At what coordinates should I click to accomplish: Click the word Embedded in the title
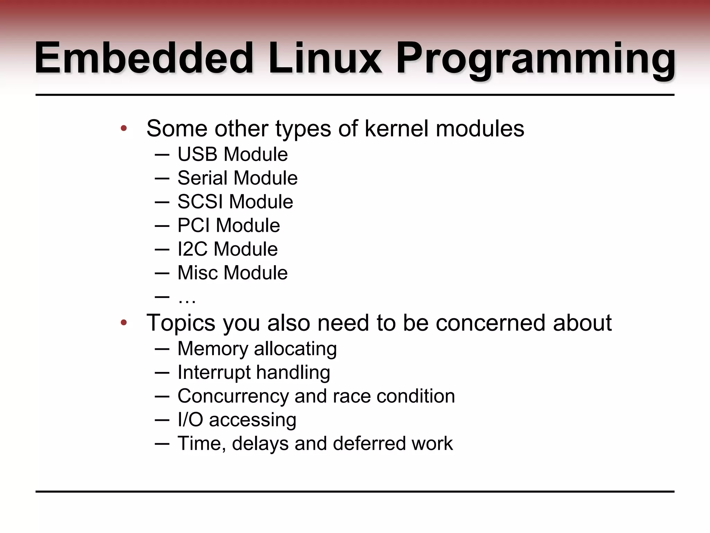144,58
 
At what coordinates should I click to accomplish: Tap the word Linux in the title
324,58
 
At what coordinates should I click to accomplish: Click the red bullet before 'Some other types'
124,129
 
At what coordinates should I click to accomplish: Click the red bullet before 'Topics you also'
124,323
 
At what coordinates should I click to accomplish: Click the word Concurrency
233,396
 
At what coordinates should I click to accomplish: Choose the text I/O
190,420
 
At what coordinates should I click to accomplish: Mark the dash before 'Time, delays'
162,444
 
